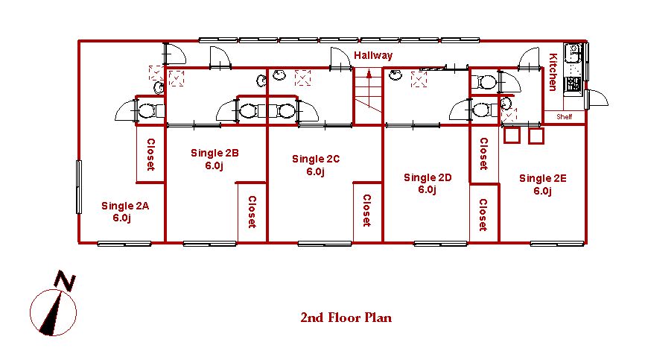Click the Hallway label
click(x=373, y=55)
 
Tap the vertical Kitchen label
click(x=553, y=72)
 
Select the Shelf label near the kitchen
click(x=564, y=117)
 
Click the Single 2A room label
click(x=124, y=212)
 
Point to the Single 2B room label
click(x=215, y=159)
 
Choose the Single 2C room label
click(x=316, y=165)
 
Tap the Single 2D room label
click(x=428, y=183)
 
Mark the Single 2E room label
click(x=542, y=184)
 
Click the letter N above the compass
click(x=64, y=281)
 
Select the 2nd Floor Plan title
click(x=346, y=318)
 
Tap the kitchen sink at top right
click(x=573, y=53)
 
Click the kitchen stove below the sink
click(x=573, y=84)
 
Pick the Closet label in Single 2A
click(x=151, y=154)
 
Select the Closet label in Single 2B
click(x=252, y=212)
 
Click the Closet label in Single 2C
click(x=366, y=210)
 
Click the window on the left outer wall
click(x=78, y=187)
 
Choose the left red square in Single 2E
click(x=512, y=136)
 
